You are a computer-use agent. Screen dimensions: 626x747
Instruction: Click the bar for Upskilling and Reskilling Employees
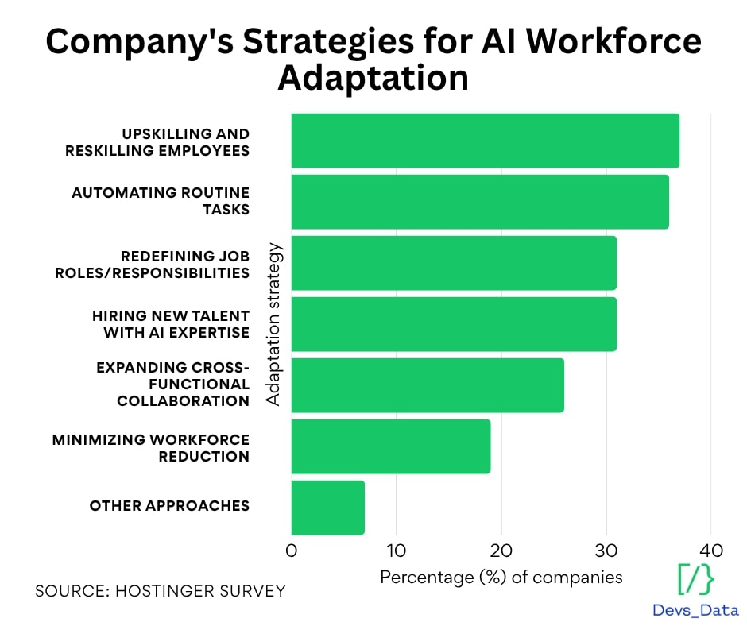[485, 141]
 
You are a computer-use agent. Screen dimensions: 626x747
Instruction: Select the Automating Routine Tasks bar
[480, 202]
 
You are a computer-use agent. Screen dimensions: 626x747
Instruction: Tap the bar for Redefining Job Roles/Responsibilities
[454, 263]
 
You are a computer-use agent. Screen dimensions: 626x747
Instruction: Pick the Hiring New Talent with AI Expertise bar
[454, 324]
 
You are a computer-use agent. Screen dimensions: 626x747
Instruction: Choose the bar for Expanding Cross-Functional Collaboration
[428, 385]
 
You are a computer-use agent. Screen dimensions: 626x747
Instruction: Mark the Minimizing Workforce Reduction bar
[391, 446]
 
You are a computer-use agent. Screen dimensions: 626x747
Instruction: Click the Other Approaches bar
[328, 508]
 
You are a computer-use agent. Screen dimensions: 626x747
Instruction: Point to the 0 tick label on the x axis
[292, 551]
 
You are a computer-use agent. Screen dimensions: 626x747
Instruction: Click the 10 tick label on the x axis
[396, 551]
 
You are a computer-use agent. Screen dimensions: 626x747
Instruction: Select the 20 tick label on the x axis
[501, 551]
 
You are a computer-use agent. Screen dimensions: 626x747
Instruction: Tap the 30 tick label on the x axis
[606, 551]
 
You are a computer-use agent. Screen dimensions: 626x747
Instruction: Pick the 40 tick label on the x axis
[710, 551]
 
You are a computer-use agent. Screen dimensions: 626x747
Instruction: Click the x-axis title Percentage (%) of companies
[501, 577]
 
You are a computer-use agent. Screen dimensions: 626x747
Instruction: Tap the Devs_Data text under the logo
[695, 610]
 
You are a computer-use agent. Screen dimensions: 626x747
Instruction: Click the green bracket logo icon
[695, 579]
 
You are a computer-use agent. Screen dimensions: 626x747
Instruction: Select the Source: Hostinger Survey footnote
[160, 592]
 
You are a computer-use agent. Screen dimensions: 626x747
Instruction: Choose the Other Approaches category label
[169, 506]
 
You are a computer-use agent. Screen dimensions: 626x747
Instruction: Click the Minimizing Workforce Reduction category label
[151, 448]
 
